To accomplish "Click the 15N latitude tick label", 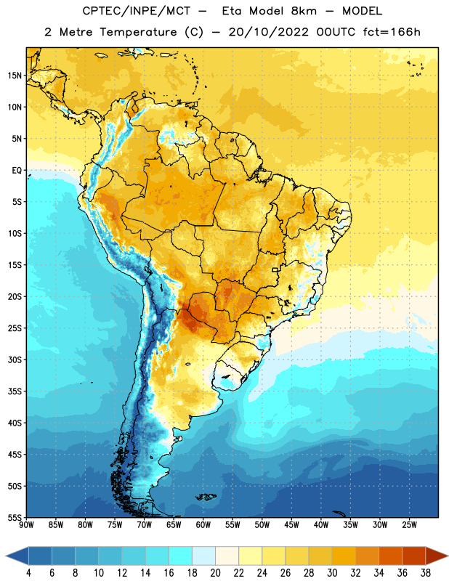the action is coord(15,76).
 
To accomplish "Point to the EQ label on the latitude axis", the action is coord(17,171).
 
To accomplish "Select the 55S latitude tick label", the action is coord(15,517).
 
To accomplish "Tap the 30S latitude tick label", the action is coord(15,359).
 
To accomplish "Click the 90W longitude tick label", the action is coord(27,524).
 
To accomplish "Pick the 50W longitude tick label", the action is coord(262,524).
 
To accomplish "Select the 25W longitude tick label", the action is coord(409,524).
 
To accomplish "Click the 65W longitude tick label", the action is coord(174,524).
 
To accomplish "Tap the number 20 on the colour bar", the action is coord(215,573).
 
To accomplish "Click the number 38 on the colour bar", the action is coord(426,573).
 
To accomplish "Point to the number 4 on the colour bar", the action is coord(28,573).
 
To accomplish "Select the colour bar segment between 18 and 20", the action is coord(203,556).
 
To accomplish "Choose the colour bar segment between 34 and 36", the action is coord(390,556).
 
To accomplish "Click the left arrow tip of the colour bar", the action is coord(6,556).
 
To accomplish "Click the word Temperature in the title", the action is coord(138,32).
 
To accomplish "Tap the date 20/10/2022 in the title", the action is coord(268,32).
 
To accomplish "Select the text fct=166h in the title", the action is coord(391,32).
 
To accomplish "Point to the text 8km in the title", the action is coord(304,11).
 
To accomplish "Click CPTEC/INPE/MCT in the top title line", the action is coord(137,11).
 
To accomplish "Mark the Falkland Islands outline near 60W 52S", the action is coord(206,497).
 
